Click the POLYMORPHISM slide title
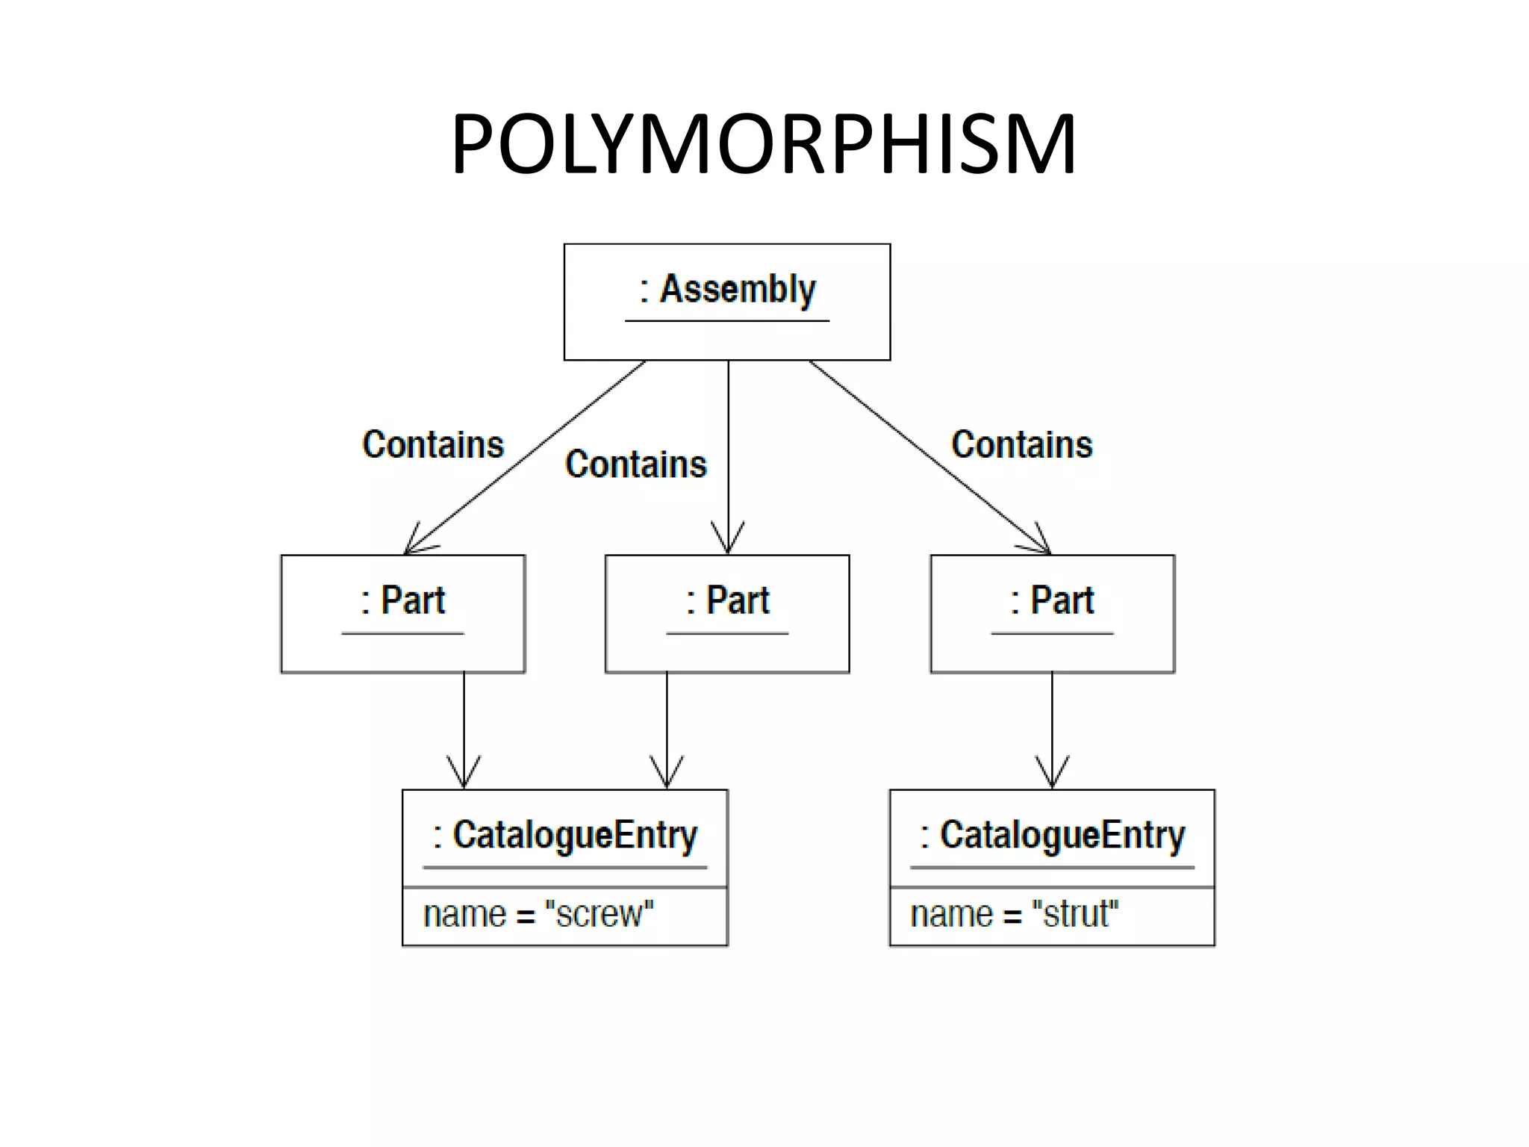pyautogui.click(x=763, y=143)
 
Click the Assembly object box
pyautogui.click(x=726, y=302)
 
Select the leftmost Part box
pyautogui.click(x=402, y=614)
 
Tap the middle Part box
pyautogui.click(x=726, y=614)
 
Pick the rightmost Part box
pyautogui.click(x=1052, y=614)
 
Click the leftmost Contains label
pyautogui.click(x=433, y=445)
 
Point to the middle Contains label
pyautogui.click(x=635, y=464)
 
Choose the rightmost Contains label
pyautogui.click(x=1021, y=445)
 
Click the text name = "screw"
pyautogui.click(x=538, y=915)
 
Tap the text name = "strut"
pyautogui.click(x=1014, y=915)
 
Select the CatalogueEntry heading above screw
pyautogui.click(x=565, y=836)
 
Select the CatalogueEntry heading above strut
pyautogui.click(x=1052, y=836)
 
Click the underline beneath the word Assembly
pyautogui.click(x=726, y=321)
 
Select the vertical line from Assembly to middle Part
pyautogui.click(x=728, y=448)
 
